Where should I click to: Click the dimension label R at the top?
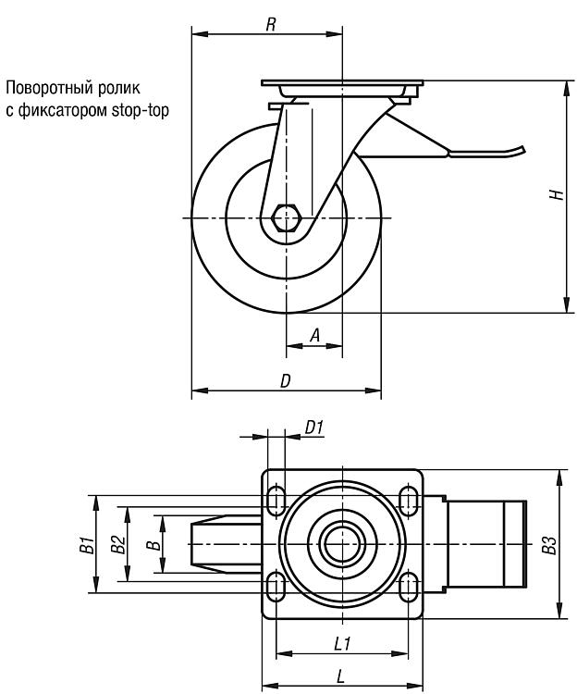click(x=271, y=24)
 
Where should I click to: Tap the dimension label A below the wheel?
click(x=314, y=336)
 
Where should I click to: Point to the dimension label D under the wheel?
click(x=286, y=380)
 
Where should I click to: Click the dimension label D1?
click(x=314, y=428)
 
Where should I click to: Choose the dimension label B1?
click(x=88, y=544)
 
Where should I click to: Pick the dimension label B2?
click(x=118, y=544)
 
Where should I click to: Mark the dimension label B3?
click(x=548, y=544)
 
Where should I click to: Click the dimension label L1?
click(x=342, y=643)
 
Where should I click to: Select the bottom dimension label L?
click(x=340, y=676)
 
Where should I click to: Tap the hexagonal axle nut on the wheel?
click(x=287, y=217)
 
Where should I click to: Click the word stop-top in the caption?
click(x=141, y=110)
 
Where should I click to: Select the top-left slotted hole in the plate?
click(x=276, y=500)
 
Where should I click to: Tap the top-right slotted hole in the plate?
click(x=408, y=500)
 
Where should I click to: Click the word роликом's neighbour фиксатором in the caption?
click(x=62, y=110)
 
